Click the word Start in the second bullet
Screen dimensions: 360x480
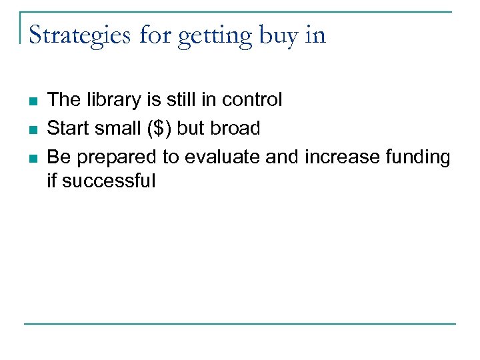tap(67, 128)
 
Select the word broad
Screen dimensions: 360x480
tap(235, 128)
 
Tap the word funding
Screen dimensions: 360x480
tap(417, 157)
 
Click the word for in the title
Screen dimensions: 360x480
tap(155, 35)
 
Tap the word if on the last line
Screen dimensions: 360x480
tap(52, 181)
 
